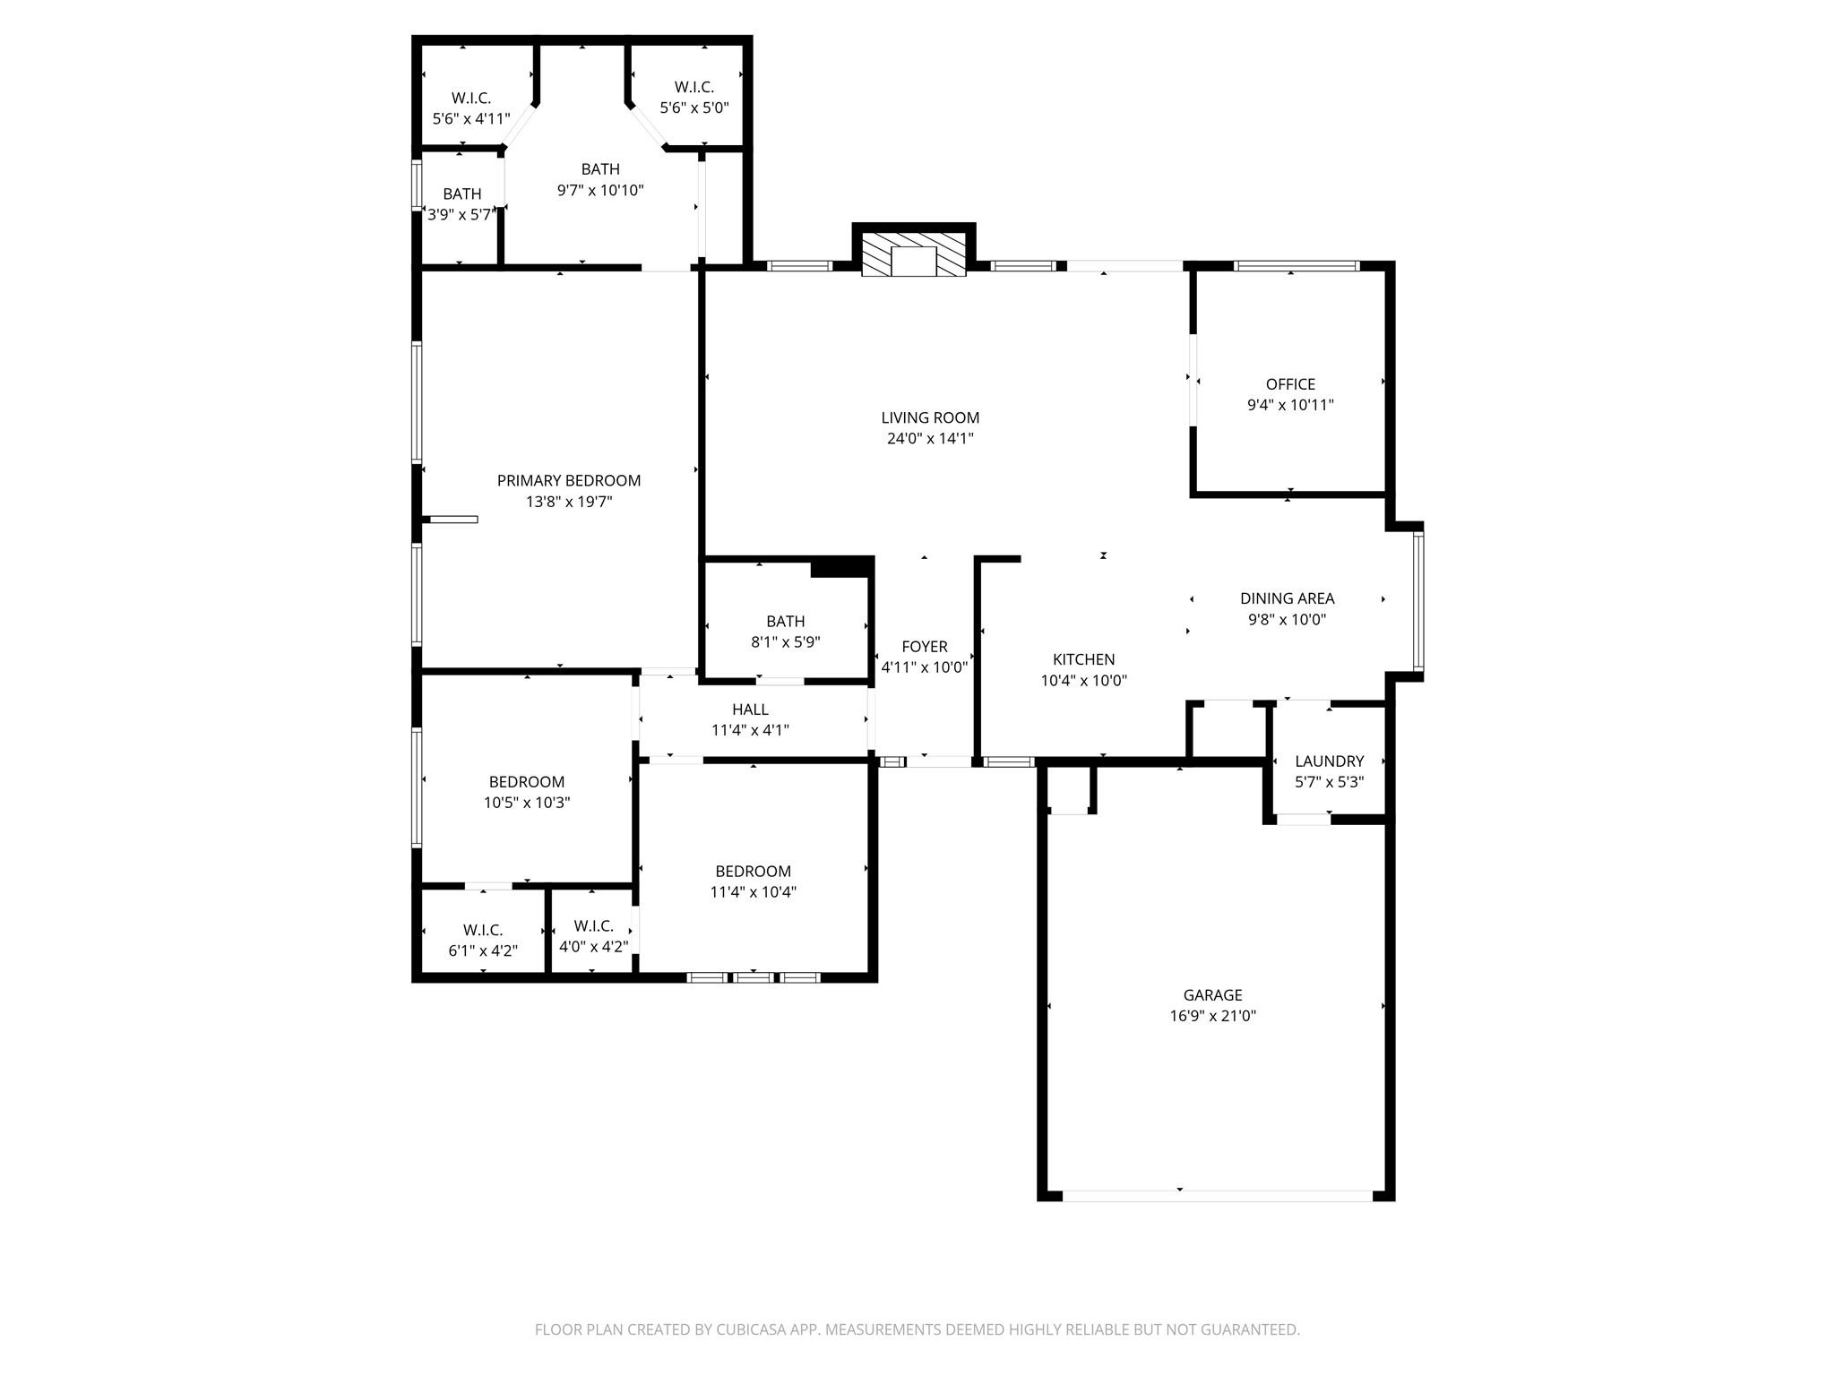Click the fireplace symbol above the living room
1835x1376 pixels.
[913, 254]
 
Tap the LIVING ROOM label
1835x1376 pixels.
[930, 417]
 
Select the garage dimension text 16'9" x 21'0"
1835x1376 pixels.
[1212, 1016]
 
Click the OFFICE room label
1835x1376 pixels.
[1290, 384]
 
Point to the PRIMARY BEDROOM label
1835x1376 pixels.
[569, 481]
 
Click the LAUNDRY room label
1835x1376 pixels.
[1329, 761]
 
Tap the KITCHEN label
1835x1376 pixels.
[1083, 659]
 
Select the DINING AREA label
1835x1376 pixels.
[1287, 598]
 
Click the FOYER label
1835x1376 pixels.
[924, 647]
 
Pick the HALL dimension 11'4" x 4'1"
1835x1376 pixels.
[750, 730]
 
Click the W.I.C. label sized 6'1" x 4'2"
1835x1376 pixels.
[483, 930]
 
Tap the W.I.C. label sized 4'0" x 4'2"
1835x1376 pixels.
[593, 926]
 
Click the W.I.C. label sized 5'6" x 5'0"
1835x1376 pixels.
[694, 87]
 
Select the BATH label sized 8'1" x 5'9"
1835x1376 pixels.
[785, 622]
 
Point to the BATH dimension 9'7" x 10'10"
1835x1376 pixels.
[600, 190]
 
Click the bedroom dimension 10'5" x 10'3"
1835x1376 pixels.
[527, 803]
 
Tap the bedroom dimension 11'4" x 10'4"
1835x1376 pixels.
[753, 892]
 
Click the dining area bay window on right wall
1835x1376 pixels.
[1417, 601]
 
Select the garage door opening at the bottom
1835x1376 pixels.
[1217, 1195]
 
